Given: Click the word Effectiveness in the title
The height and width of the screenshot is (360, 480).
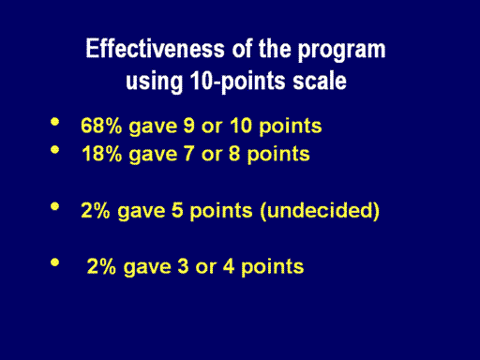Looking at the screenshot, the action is (x=156, y=49).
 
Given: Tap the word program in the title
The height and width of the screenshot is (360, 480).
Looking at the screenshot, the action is (x=341, y=51).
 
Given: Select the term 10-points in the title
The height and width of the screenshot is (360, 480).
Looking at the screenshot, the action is (x=237, y=82).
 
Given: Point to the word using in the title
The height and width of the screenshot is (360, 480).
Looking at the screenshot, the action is (x=154, y=82).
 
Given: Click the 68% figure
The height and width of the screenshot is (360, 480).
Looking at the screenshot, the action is (x=101, y=126).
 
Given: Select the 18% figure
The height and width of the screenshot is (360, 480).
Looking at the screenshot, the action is (x=101, y=154).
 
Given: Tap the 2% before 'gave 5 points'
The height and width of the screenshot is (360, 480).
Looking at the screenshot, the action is (x=96, y=210).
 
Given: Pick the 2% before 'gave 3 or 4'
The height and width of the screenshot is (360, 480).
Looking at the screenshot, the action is (x=101, y=266).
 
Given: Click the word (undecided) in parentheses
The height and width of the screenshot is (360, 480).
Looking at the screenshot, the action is (x=320, y=211).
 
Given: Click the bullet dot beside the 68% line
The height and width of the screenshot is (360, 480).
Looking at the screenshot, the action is (x=54, y=122).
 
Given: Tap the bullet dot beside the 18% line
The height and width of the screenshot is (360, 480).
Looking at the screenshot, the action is (x=54, y=150).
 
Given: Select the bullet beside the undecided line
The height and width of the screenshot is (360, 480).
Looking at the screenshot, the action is (x=54, y=206).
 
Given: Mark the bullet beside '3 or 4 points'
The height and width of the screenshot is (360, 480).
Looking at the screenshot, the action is (x=54, y=262).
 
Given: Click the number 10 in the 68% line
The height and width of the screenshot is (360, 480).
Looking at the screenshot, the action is (x=241, y=126).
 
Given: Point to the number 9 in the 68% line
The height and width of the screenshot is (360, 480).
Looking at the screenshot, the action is (x=189, y=126).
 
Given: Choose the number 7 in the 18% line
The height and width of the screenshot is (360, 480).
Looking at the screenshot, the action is (x=189, y=154).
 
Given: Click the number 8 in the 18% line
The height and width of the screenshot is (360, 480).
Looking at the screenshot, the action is (x=234, y=154).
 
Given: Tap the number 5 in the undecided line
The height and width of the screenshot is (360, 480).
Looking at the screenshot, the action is (x=177, y=210).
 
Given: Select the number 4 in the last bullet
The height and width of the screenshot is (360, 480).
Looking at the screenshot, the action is (x=229, y=266).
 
